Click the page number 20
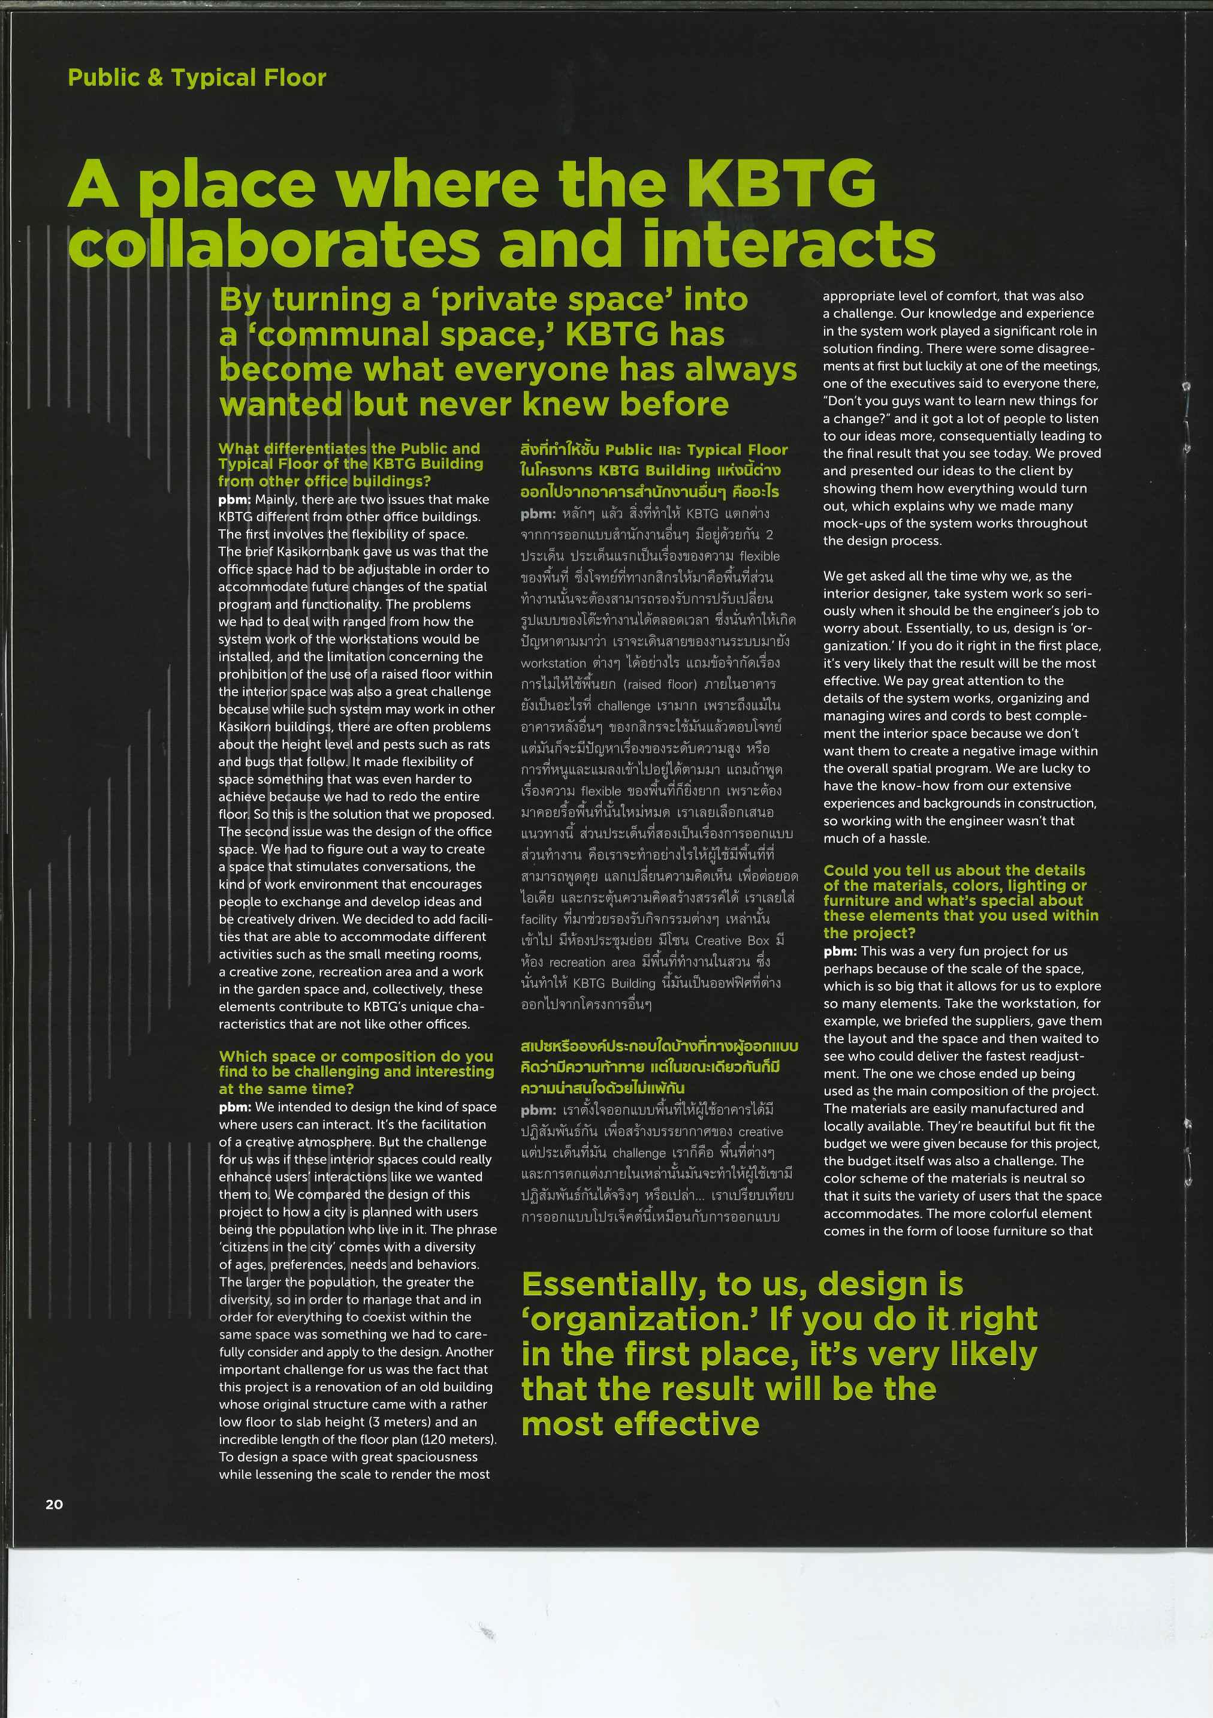coord(55,1504)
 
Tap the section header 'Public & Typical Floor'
coord(197,78)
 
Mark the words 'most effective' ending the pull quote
coord(640,1424)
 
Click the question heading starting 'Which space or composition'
coord(356,1072)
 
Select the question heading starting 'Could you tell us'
coord(961,901)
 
